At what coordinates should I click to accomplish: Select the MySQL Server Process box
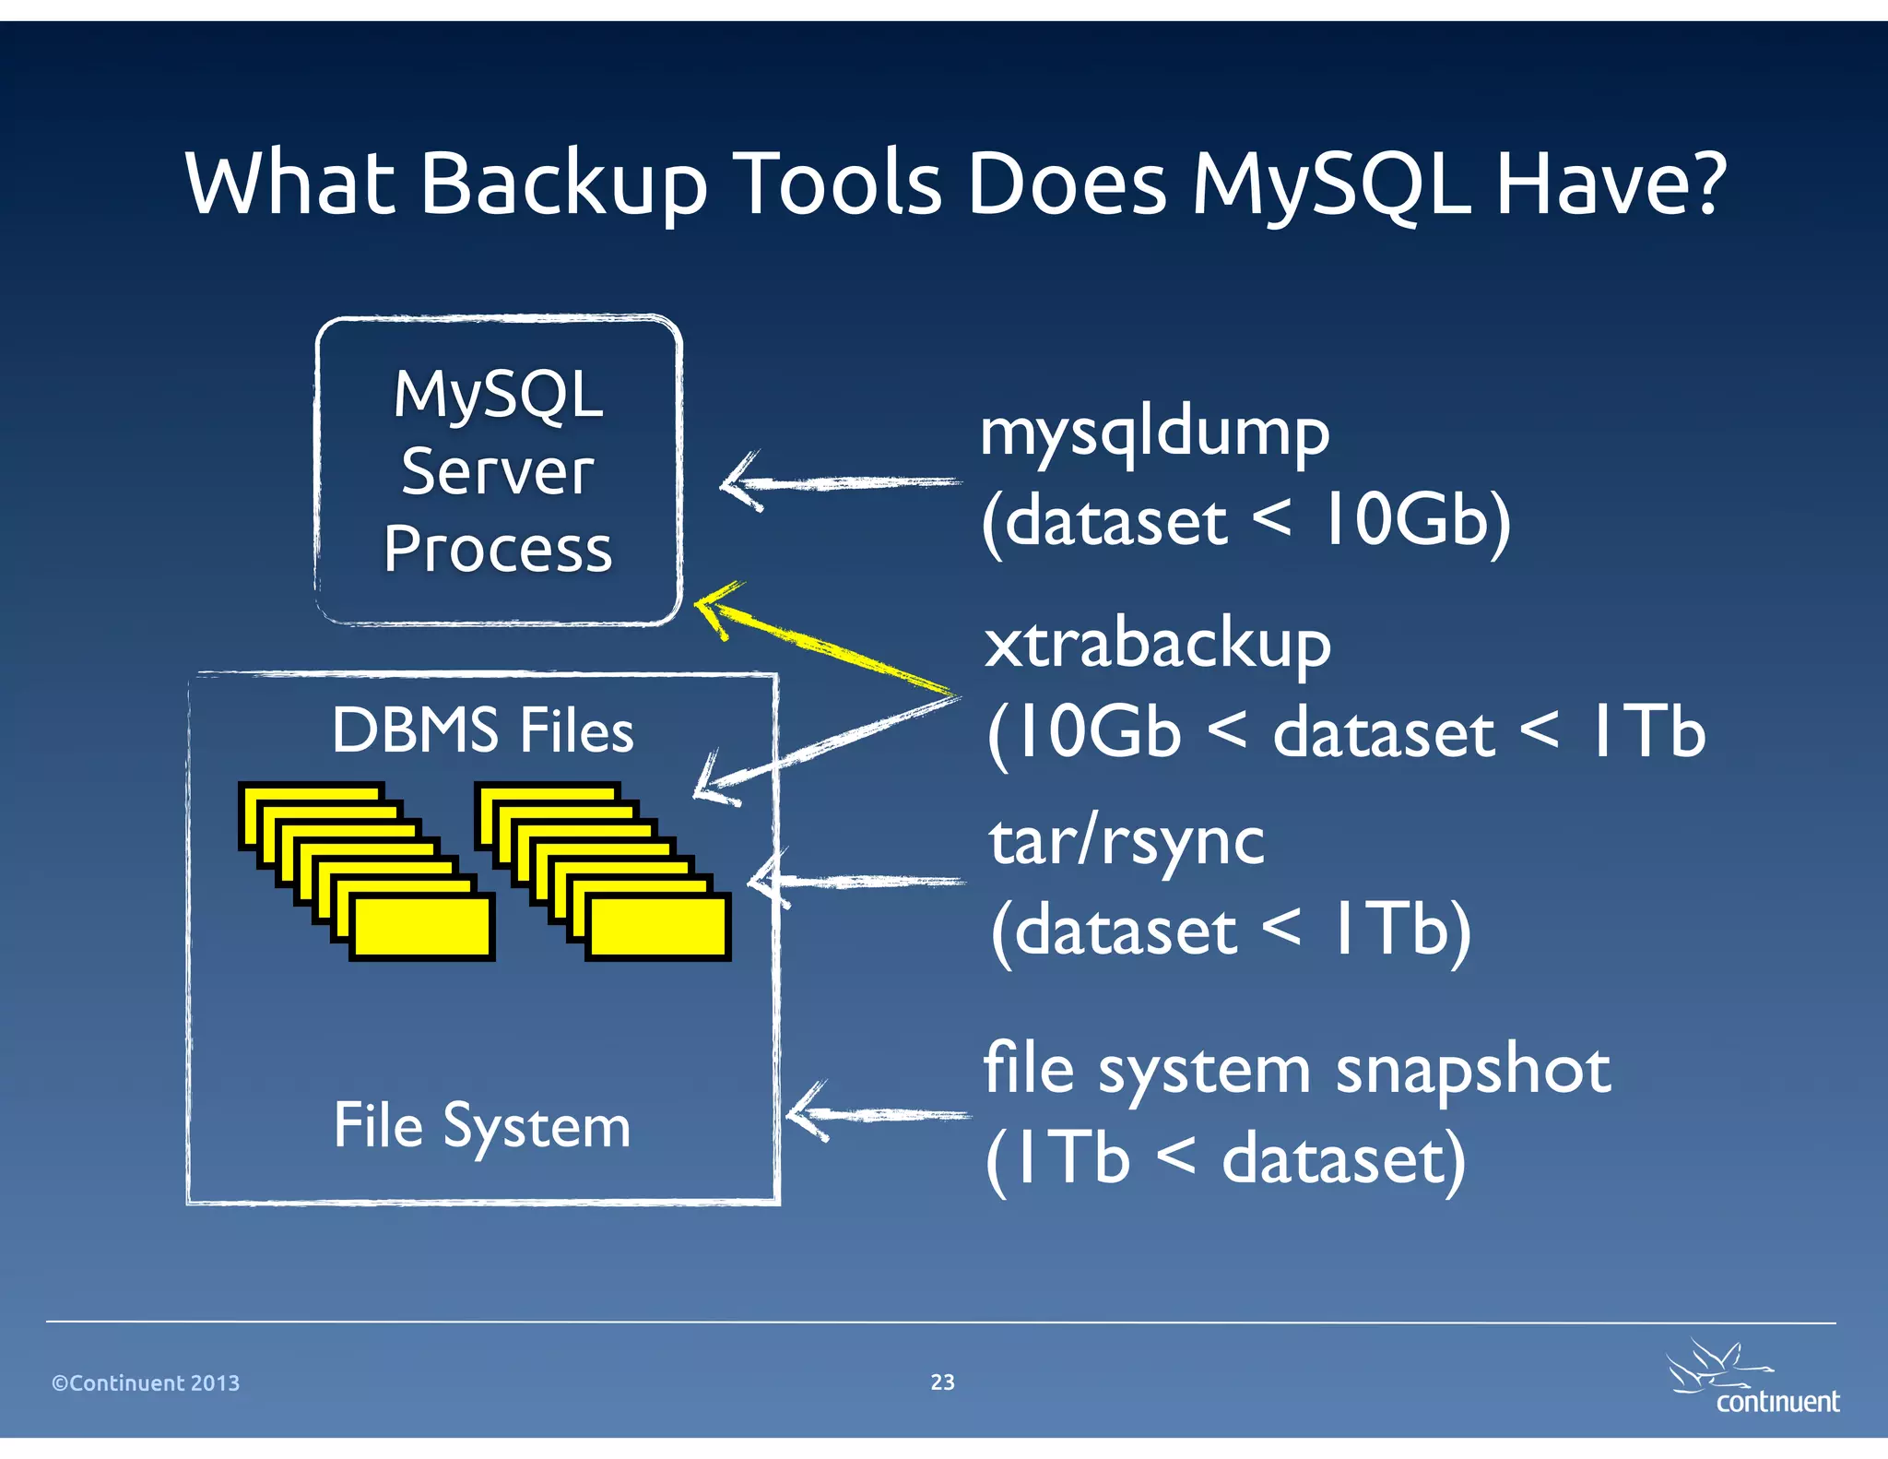[x=498, y=470]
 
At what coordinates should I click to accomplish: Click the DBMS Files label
[x=482, y=730]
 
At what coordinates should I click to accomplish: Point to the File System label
[x=482, y=1126]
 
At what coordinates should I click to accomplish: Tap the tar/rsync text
[x=1127, y=841]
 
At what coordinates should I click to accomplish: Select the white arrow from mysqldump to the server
[x=839, y=482]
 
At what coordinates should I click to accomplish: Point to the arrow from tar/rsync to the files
[x=857, y=882]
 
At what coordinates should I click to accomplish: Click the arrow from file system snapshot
[x=876, y=1114]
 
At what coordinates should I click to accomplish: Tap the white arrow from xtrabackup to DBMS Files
[x=820, y=747]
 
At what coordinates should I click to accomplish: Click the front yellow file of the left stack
[x=421, y=927]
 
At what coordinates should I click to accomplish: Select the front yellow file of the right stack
[x=657, y=927]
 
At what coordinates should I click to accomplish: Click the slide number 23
[x=942, y=1382]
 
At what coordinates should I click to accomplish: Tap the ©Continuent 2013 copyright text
[x=146, y=1382]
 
